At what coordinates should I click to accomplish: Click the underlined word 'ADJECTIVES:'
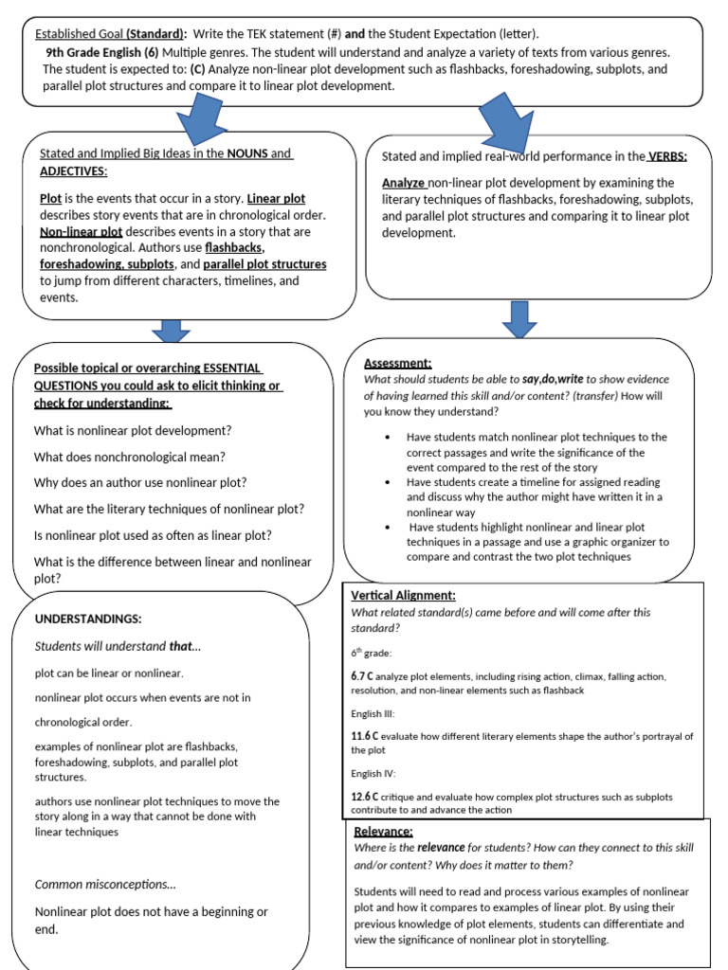pyautogui.click(x=74, y=171)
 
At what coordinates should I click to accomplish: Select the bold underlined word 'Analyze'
pyautogui.click(x=404, y=183)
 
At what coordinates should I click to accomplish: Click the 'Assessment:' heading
pyautogui.click(x=398, y=363)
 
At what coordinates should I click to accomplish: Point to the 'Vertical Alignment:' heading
pyautogui.click(x=404, y=595)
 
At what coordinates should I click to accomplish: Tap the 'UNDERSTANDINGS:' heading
pyautogui.click(x=87, y=619)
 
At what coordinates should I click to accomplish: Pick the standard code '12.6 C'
pyautogui.click(x=366, y=796)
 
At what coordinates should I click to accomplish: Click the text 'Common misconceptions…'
pyautogui.click(x=104, y=884)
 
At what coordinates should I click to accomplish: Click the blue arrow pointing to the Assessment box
pyautogui.click(x=519, y=318)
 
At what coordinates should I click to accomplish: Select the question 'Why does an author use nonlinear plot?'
pyautogui.click(x=140, y=482)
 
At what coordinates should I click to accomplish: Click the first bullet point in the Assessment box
pyautogui.click(x=389, y=437)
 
